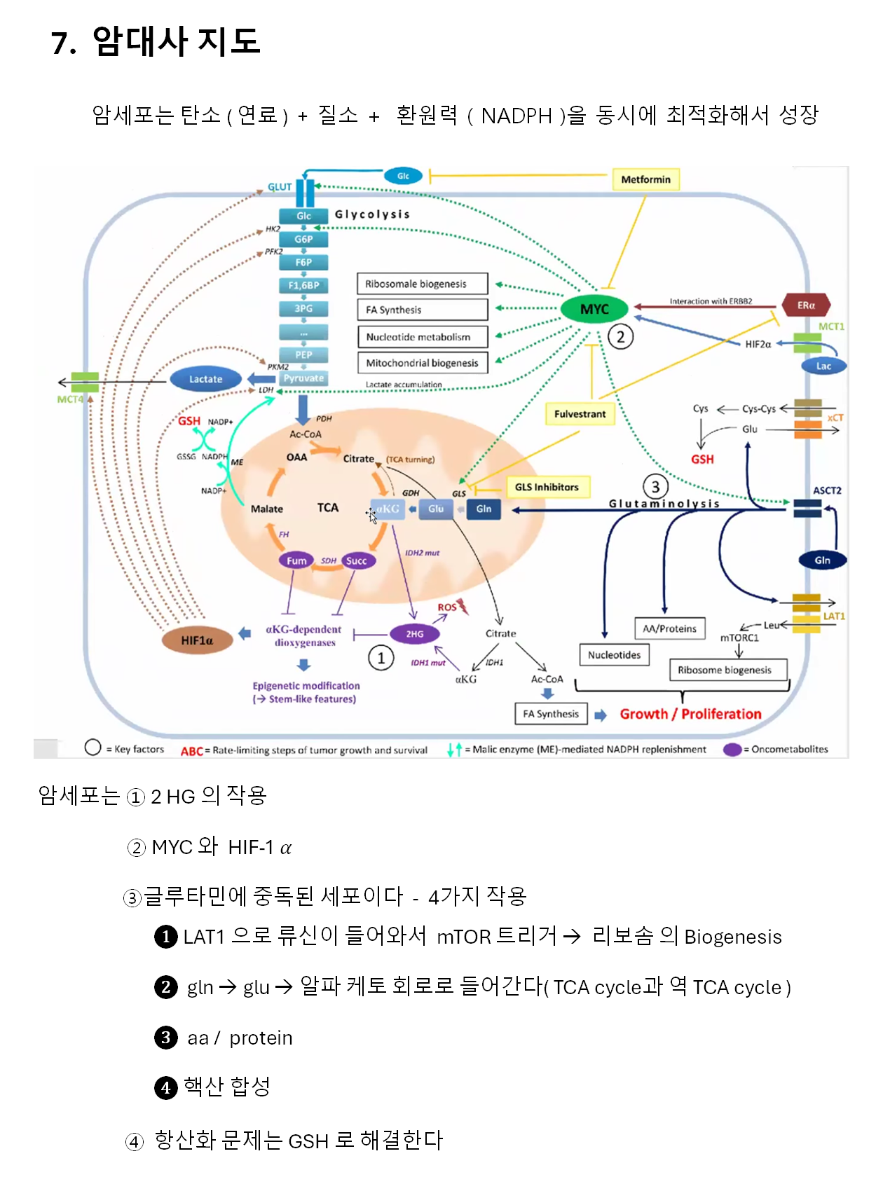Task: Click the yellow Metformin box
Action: [645, 179]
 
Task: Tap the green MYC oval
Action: [594, 309]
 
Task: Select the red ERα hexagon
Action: [806, 305]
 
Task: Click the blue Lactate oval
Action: [205, 379]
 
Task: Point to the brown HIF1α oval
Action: [197, 640]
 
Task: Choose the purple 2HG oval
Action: [415, 634]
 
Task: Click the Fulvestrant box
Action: [580, 414]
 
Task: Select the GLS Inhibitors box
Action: [547, 487]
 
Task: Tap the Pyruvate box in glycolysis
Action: [303, 378]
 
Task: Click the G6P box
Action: [303, 239]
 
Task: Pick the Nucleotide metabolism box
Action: [422, 337]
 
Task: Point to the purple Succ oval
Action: [356, 560]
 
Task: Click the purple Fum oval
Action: [296, 560]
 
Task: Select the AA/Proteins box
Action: [669, 628]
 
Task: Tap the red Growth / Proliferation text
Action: [690, 714]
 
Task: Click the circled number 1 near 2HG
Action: [381, 658]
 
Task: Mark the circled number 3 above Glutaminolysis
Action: [655, 486]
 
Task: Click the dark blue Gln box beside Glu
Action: [484, 509]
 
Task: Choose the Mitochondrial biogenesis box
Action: [422, 363]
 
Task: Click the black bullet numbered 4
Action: [165, 1087]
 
